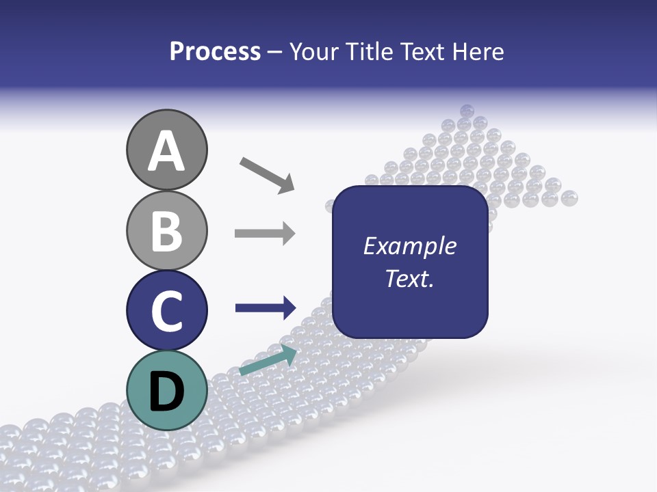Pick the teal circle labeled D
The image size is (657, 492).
[x=166, y=391]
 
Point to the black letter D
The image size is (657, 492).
[x=166, y=392]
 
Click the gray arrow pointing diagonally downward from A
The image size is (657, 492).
[x=267, y=174]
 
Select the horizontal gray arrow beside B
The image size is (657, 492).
[x=265, y=234]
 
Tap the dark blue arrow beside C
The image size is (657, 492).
[x=266, y=308]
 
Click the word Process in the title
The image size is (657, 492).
[x=215, y=51]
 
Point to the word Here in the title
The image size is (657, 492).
[x=479, y=51]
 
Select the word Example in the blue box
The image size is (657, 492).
[x=409, y=246]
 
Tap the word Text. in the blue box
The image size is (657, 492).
[x=409, y=279]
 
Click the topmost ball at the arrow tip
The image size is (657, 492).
[x=467, y=110]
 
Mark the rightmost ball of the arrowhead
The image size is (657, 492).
[x=569, y=198]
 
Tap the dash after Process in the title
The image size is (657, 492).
[x=275, y=53]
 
